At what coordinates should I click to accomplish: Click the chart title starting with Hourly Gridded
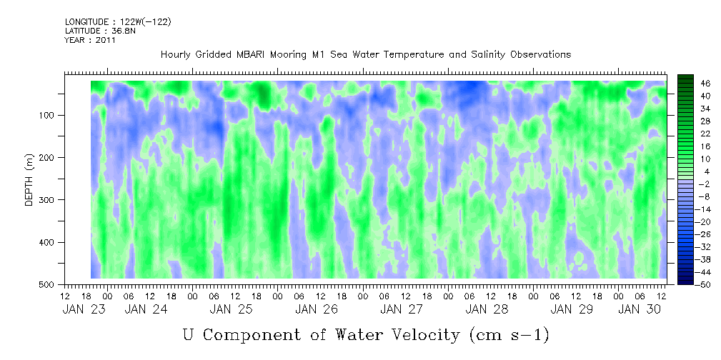click(x=365, y=54)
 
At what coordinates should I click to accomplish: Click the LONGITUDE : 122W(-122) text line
click(x=118, y=22)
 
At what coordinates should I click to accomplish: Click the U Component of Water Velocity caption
click(x=365, y=334)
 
